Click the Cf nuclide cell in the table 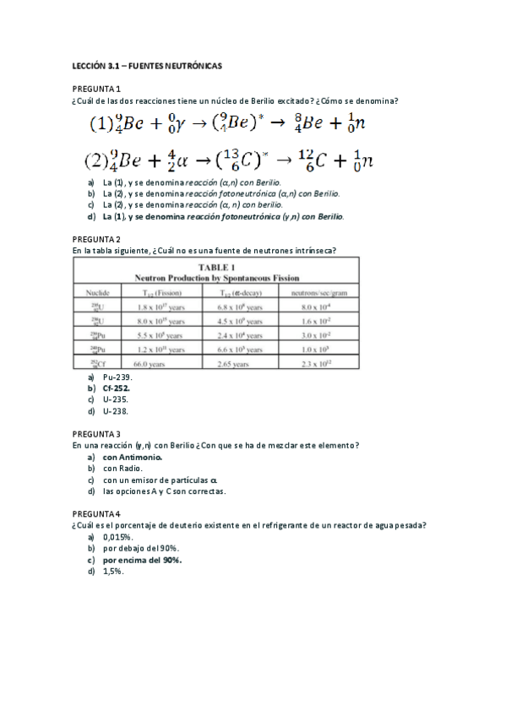coord(97,364)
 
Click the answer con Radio coord(122,468)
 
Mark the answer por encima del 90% coord(143,560)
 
